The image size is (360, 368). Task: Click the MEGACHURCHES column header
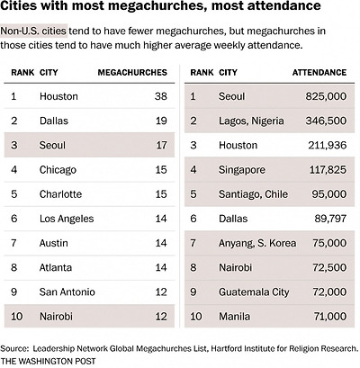coord(132,73)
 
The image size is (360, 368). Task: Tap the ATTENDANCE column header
coord(319,73)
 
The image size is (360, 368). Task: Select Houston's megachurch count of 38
coord(161,96)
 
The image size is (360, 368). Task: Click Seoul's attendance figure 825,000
coord(326,96)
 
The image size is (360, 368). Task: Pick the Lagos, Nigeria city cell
coord(251,121)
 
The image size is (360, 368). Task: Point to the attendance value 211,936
coord(328,146)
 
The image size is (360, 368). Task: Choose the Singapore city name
coord(242,170)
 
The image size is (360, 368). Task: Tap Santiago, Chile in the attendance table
coord(253,194)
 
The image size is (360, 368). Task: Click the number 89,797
coord(330,219)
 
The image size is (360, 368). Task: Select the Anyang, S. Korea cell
coord(257,243)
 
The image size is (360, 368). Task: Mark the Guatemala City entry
coord(254,292)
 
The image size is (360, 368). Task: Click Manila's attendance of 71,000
coord(330,317)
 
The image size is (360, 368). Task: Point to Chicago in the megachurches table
coord(58,170)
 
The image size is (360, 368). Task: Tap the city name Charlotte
coord(60,194)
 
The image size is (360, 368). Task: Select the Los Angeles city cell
coord(67,219)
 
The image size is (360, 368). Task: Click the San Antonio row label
coord(67,292)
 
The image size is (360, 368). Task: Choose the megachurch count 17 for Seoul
coord(161,146)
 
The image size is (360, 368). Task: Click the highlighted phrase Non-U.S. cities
coord(33,31)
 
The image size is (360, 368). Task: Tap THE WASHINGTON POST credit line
coord(48,361)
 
